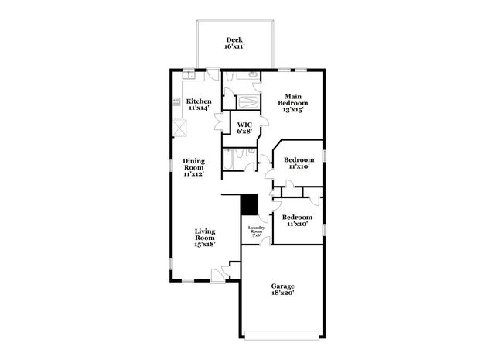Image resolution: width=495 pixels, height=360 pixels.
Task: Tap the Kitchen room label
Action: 199,101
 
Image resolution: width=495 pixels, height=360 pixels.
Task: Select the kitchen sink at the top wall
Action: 188,75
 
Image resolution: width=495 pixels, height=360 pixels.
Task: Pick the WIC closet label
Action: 244,124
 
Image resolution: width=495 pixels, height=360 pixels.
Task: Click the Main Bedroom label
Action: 293,102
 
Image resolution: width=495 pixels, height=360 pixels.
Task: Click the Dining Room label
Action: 193,164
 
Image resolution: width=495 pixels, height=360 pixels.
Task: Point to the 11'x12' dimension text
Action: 193,175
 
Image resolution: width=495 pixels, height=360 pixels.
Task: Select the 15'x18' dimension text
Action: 205,245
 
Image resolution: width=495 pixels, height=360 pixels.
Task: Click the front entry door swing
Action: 217,275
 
